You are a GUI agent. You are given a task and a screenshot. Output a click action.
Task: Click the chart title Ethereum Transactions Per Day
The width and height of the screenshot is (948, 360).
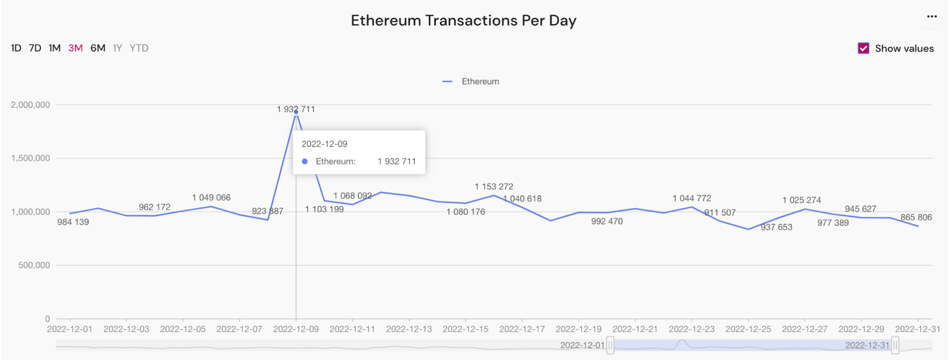[x=463, y=20]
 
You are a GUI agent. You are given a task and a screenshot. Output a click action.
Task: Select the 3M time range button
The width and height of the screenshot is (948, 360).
[x=75, y=48]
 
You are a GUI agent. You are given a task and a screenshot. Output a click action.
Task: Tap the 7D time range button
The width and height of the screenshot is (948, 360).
[x=35, y=48]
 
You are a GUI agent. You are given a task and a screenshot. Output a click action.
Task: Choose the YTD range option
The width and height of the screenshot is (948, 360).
[x=139, y=48]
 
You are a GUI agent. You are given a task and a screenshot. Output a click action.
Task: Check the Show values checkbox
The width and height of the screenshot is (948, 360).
[x=863, y=48]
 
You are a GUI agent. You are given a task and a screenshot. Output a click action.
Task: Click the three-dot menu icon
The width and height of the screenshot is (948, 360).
[x=932, y=16]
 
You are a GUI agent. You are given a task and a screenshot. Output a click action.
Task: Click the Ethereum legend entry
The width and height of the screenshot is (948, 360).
[x=471, y=82]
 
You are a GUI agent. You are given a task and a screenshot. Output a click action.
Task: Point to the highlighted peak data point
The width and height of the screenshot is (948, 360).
[x=296, y=112]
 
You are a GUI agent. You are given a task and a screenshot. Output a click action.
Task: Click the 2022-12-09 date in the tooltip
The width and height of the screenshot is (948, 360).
[x=324, y=144]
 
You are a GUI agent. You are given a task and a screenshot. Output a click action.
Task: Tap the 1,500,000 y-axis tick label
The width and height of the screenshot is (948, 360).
[x=30, y=158]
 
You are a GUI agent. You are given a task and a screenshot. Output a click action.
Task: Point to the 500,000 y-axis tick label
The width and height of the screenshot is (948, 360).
[x=34, y=265]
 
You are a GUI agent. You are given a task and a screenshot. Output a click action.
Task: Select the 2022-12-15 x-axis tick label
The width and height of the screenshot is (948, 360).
[x=466, y=329]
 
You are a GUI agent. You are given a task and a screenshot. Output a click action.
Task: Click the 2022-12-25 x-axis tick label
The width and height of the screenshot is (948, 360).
[x=748, y=329]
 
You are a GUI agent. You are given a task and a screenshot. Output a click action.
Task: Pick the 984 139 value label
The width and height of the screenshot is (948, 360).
[x=73, y=222]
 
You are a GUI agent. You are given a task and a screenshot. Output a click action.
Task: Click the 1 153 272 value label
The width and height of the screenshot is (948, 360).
[x=494, y=187]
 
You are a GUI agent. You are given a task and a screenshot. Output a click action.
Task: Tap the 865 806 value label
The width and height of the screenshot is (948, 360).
[x=916, y=217]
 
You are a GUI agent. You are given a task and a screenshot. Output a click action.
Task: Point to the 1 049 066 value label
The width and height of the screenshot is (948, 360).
[x=211, y=197]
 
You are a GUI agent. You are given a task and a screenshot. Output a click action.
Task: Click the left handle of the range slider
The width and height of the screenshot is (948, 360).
[x=610, y=345]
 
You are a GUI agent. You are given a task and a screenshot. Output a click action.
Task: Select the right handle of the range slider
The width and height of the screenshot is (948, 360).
[x=895, y=345]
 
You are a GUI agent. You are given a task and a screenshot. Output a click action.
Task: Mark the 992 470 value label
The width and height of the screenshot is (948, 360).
[x=607, y=221]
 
